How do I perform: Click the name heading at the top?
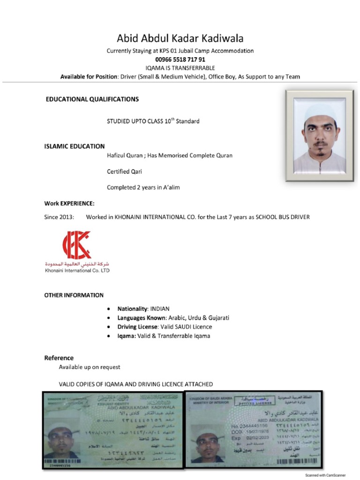point(180,38)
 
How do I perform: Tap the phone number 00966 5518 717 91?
point(180,60)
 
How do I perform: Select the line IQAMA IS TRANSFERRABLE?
point(180,68)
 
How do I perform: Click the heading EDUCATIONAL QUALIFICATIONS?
point(92,99)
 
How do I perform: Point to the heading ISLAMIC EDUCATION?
point(75,146)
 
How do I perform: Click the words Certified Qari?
point(124,172)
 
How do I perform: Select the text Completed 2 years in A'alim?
point(143,187)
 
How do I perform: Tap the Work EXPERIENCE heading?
point(69,203)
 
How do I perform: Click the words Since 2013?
point(59,217)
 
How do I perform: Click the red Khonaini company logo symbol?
point(77,245)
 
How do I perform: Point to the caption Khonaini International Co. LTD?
point(77,270)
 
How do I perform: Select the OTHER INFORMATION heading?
point(74,295)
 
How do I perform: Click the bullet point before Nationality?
point(109,309)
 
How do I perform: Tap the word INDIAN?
point(159,309)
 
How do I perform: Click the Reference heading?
point(59,358)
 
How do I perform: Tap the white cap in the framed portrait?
point(320,112)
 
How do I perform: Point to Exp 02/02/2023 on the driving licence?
point(250,438)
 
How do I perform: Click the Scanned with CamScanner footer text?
point(325,475)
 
